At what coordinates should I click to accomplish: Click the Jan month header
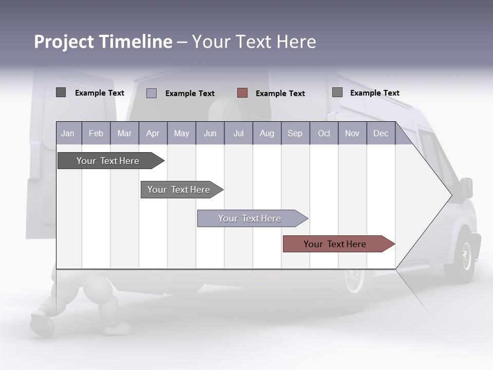[68, 134]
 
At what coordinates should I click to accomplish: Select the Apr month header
[153, 134]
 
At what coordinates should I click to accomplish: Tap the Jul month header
[238, 134]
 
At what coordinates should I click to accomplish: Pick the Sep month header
[295, 134]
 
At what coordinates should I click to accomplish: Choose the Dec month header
[381, 134]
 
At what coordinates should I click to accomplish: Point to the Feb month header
[96, 134]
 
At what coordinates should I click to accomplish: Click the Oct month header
[324, 134]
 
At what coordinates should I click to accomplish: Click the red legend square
[242, 93]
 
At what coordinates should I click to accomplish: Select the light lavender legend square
[151, 93]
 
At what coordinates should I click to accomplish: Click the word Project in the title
[64, 42]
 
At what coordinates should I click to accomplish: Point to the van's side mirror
[466, 188]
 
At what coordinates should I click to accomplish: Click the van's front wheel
[465, 255]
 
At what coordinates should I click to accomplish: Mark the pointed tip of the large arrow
[451, 195]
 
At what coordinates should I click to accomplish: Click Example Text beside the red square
[280, 94]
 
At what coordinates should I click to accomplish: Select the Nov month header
[352, 134]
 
